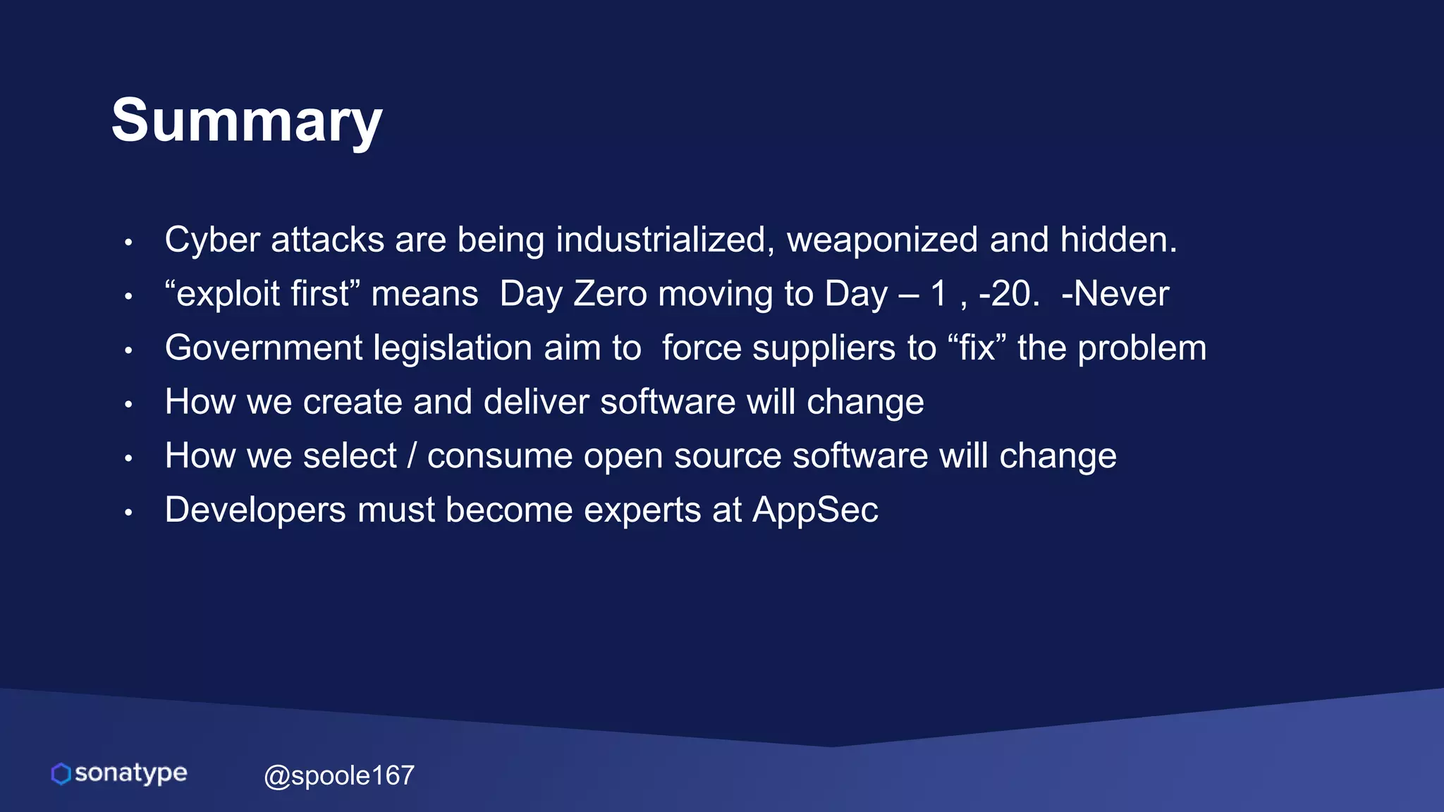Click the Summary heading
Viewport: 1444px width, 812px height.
pos(246,121)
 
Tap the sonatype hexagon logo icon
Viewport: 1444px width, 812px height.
pos(61,773)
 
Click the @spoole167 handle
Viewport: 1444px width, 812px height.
pos(338,775)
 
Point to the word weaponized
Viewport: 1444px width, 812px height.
pos(882,240)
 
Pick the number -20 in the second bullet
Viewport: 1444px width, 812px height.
pos(1008,294)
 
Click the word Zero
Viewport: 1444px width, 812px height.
pos(610,294)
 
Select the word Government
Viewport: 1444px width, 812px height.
pos(264,348)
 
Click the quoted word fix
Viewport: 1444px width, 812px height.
pos(977,348)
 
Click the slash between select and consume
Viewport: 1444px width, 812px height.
pos(412,456)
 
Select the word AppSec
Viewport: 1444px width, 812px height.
pos(815,510)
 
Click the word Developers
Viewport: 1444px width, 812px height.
pos(255,510)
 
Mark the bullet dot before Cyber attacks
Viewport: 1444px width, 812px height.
pos(128,242)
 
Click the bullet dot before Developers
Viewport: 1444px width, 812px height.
pos(128,513)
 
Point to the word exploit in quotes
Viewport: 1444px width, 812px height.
pos(228,294)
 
